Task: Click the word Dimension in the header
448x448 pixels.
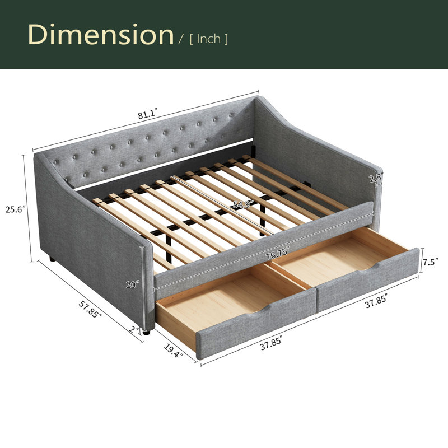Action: coord(101,34)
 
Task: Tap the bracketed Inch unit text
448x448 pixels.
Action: coord(209,39)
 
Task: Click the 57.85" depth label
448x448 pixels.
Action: coord(90,310)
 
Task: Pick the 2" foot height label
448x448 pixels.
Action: coord(134,329)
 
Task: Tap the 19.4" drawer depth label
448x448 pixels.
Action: coord(173,351)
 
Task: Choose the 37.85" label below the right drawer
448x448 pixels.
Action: coord(376,301)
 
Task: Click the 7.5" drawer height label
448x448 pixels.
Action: coord(431,262)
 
